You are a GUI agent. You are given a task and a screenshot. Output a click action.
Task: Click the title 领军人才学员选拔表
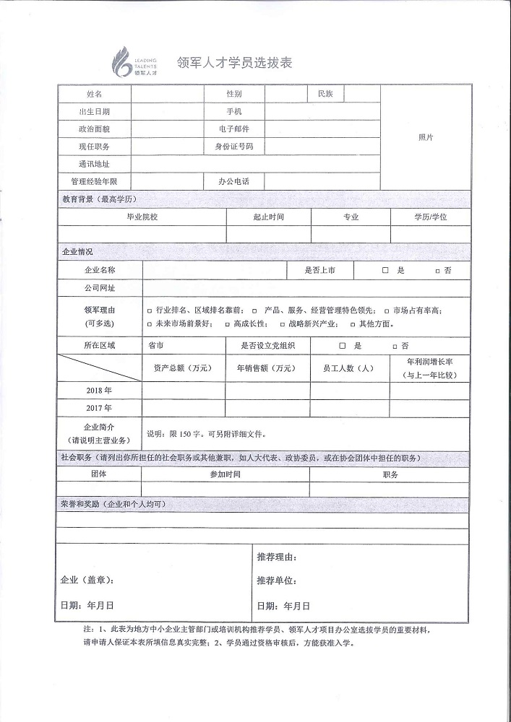click(x=224, y=64)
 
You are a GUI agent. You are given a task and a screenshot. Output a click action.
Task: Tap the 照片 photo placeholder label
click(x=425, y=137)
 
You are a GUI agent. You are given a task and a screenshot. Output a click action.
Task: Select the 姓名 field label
click(x=94, y=94)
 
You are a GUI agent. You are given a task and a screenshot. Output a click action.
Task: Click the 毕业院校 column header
click(x=142, y=217)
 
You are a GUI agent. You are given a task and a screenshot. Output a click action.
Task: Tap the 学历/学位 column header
click(x=430, y=217)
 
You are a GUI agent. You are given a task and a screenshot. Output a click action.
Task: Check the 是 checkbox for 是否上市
click(x=385, y=270)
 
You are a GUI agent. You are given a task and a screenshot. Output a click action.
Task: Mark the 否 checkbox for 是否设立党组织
click(x=395, y=347)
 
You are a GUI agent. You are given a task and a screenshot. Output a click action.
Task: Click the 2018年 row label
click(x=98, y=390)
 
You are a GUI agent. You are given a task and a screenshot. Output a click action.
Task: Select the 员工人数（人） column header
click(x=351, y=368)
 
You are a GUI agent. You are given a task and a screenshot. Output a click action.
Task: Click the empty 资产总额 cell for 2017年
click(x=183, y=408)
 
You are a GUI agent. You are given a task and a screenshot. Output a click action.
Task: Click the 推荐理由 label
click(x=277, y=557)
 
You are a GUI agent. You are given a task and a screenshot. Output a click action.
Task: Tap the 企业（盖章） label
click(x=86, y=580)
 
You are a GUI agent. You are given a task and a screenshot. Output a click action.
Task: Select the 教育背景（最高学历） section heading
click(x=99, y=199)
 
